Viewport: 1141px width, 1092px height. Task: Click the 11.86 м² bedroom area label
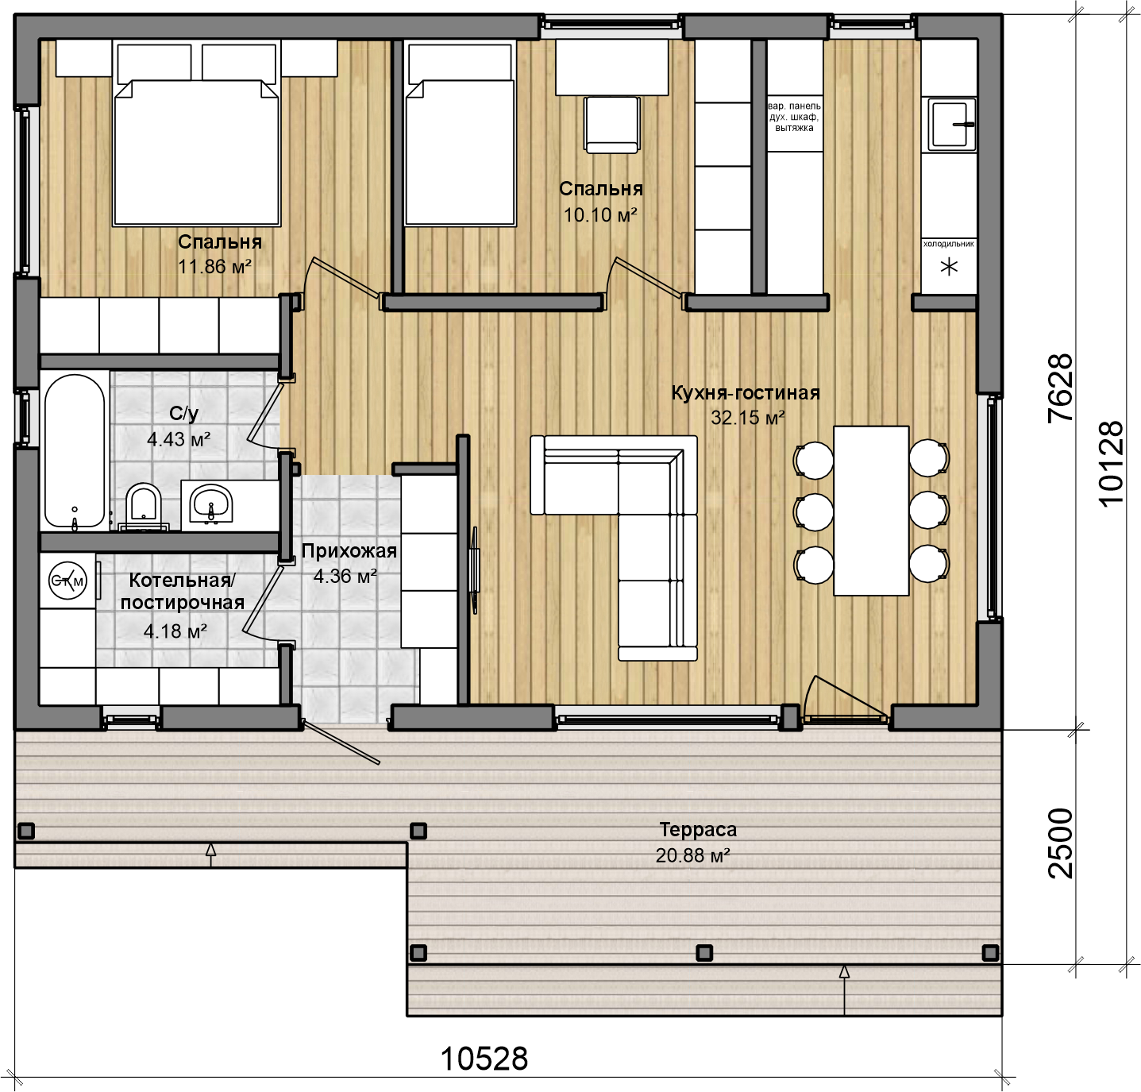(214, 267)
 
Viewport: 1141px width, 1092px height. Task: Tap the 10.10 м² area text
(599, 215)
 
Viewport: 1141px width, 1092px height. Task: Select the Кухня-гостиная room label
(746, 392)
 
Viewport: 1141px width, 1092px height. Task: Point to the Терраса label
(698, 830)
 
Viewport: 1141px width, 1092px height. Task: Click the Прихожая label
(349, 551)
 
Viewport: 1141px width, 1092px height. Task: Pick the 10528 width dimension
(484, 1059)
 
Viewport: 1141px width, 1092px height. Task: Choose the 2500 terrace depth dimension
(1061, 843)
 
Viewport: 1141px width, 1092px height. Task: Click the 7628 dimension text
(1060, 388)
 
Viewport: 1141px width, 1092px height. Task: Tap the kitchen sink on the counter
(949, 122)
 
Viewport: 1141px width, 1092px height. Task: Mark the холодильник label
(949, 244)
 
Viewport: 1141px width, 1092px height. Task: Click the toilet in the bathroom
(144, 506)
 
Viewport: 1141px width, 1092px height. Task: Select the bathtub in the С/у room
(75, 450)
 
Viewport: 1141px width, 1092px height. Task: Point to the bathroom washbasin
(211, 504)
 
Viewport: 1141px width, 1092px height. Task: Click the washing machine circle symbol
(67, 581)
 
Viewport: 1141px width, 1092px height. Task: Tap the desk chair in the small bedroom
(611, 125)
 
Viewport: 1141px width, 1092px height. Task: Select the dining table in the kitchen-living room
(871, 511)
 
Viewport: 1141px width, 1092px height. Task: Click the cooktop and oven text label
(795, 117)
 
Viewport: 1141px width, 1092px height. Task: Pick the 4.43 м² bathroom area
(179, 439)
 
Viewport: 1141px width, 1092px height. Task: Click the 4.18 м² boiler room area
(175, 631)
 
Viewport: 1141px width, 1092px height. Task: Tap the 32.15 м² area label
(748, 419)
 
